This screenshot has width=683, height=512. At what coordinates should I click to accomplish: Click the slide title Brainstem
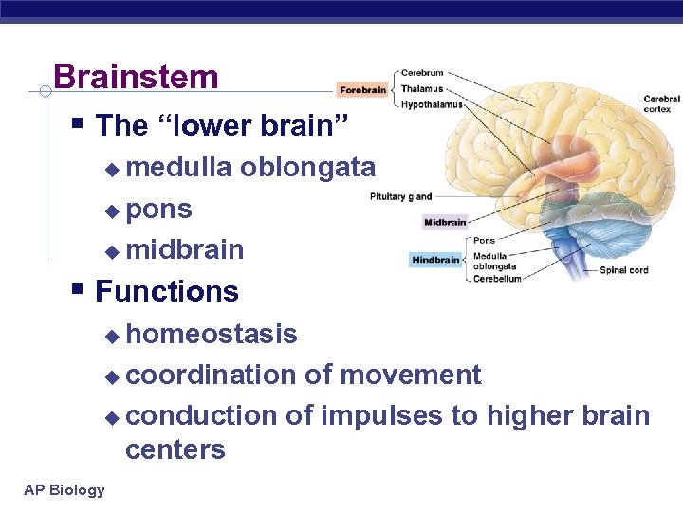pos(136,77)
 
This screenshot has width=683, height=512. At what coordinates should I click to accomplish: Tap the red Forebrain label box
pos(363,91)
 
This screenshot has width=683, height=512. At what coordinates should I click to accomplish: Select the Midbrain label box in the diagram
pos(445,223)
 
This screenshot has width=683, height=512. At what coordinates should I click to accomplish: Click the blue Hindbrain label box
pos(435,260)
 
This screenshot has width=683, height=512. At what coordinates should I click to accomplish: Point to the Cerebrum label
pos(422,73)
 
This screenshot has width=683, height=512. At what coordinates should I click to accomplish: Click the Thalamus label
pos(422,88)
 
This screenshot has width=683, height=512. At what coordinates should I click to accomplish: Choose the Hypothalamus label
pos(432,104)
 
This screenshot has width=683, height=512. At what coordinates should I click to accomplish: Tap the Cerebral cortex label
pos(660,103)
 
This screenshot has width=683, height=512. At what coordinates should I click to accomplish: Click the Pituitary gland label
pos(400,197)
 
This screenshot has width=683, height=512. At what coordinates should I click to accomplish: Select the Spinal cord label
pos(624,270)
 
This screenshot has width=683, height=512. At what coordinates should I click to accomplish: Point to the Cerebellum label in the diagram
pos(497,279)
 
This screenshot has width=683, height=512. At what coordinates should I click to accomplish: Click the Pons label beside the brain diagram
pos(484,241)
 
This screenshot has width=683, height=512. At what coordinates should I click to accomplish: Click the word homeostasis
pos(212,334)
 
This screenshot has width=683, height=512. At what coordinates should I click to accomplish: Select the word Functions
pos(167,291)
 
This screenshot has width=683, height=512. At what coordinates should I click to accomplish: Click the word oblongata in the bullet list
pos(307,168)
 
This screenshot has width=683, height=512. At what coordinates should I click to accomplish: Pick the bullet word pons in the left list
pos(158,209)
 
